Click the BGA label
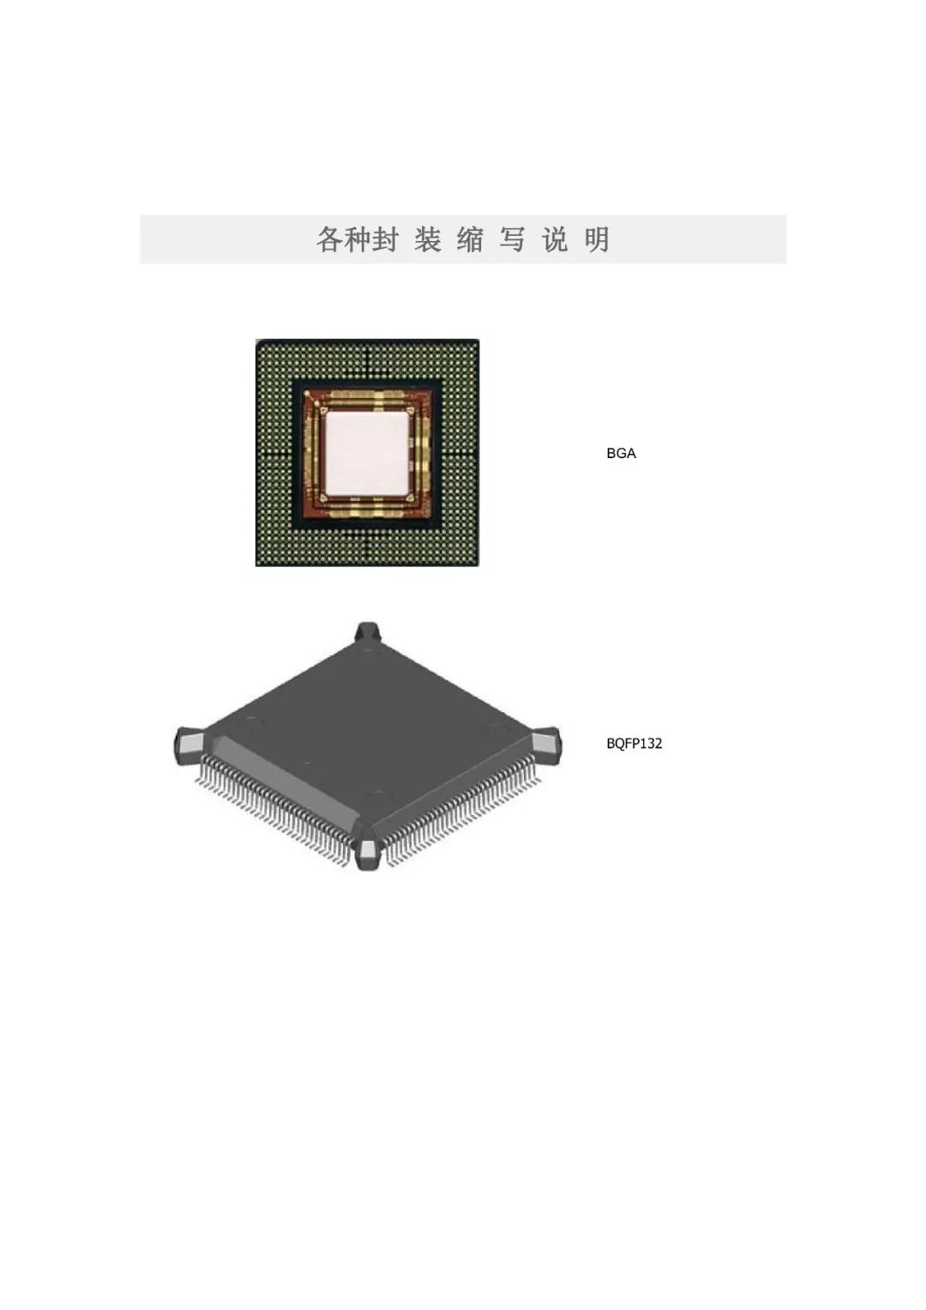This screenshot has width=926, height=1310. coord(621,453)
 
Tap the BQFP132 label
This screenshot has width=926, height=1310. coord(634,744)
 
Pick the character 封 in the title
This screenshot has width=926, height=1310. coord(387,239)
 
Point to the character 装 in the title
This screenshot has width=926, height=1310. coord(428,239)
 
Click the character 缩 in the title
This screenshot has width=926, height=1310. coord(470,239)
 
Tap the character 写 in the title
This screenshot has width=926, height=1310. coord(512,239)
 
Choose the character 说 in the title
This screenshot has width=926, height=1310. coord(555,239)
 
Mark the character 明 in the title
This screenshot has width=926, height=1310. coord(597,239)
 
